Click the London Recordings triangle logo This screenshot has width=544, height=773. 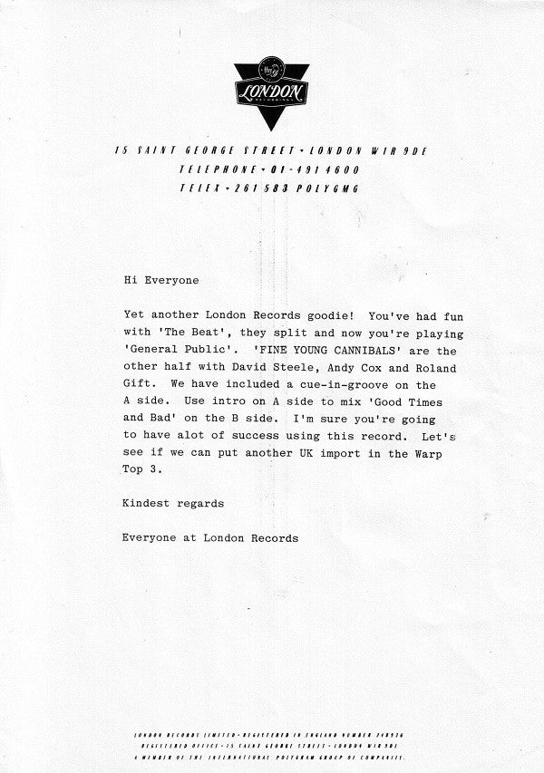271,92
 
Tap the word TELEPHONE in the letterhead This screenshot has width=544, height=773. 217,169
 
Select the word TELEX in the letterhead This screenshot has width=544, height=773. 199,188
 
